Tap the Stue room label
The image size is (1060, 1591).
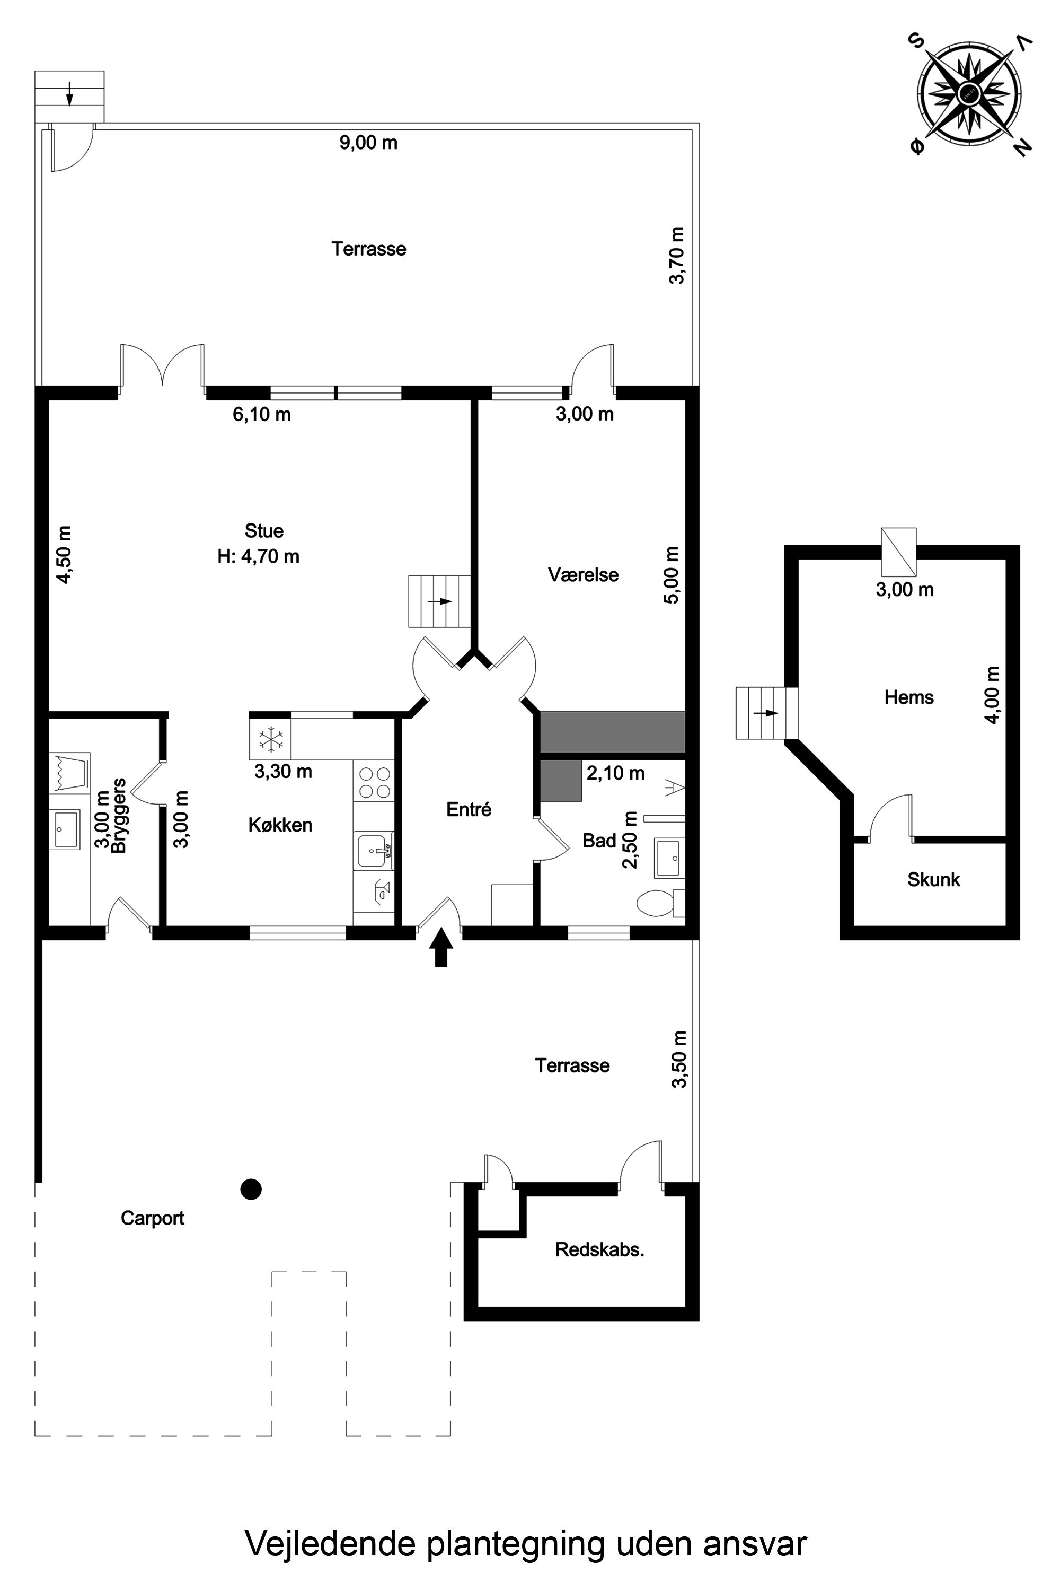tap(263, 530)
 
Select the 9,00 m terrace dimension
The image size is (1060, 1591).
tap(368, 143)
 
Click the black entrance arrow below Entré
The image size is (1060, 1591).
tap(441, 947)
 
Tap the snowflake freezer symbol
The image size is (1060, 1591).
tap(271, 739)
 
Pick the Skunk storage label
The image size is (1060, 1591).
tap(933, 879)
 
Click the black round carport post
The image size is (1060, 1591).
tap(251, 1188)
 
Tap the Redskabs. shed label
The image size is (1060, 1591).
tap(599, 1249)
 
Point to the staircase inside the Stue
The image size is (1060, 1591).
tap(439, 601)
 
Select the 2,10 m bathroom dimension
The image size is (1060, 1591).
tap(615, 773)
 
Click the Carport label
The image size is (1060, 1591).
tap(153, 1218)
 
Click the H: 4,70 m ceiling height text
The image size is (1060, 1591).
tap(258, 557)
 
